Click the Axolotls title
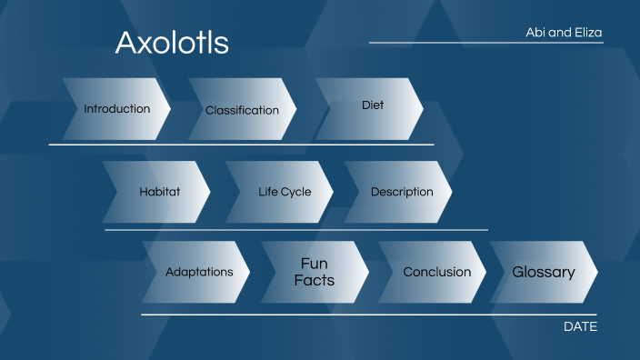pyautogui.click(x=172, y=43)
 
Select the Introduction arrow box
pyautogui.click(x=117, y=109)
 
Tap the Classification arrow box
pyautogui.click(x=242, y=110)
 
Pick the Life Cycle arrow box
pyautogui.click(x=284, y=192)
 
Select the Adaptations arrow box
pyautogui.click(x=199, y=272)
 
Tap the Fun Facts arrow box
pyautogui.click(x=314, y=272)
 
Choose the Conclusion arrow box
pyautogui.click(x=436, y=272)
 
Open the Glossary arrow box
pyautogui.click(x=544, y=272)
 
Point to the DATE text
pyautogui.click(x=580, y=326)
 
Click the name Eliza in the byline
pyautogui.click(x=587, y=33)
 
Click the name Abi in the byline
pyautogui.click(x=537, y=33)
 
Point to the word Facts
pyautogui.click(x=314, y=280)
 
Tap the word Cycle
pyautogui.click(x=296, y=192)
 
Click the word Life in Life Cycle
pyautogui.click(x=268, y=192)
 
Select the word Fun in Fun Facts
pyautogui.click(x=314, y=264)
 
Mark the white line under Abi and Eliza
pyautogui.click(x=485, y=43)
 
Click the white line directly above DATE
pyautogui.click(x=368, y=315)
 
